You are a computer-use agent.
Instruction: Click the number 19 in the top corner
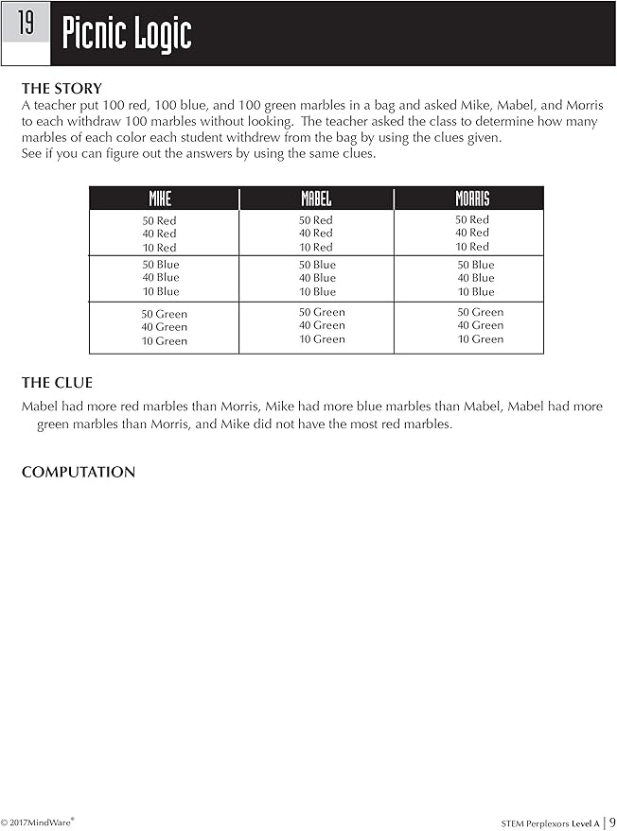26,24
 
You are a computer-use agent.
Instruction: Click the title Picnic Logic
127,35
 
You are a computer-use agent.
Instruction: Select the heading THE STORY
62,89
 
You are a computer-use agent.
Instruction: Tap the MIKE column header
161,199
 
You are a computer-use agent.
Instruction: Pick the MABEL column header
316,199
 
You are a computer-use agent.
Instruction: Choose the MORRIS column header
472,199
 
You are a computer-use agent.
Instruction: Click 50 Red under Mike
159,220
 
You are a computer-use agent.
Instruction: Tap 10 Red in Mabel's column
316,247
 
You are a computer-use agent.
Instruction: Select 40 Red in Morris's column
472,233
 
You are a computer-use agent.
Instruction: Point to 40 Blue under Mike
160,278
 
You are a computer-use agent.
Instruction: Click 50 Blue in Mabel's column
317,265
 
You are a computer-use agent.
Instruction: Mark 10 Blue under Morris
476,292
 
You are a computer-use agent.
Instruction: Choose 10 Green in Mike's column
165,341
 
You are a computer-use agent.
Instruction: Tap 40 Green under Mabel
322,325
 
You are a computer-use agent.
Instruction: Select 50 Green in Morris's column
481,312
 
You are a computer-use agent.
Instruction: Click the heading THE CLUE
57,383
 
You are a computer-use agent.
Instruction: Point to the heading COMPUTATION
79,472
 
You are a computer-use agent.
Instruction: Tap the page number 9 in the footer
612,822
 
